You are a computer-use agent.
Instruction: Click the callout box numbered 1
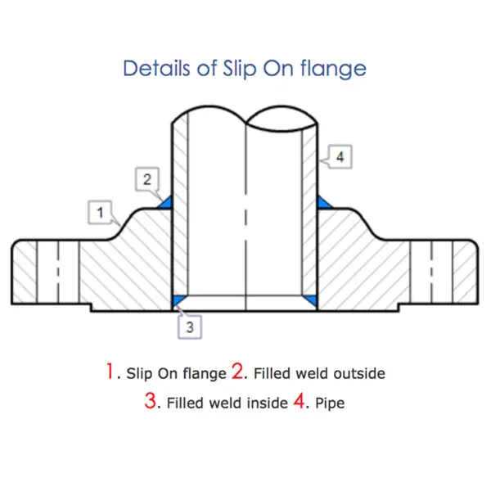tap(99, 213)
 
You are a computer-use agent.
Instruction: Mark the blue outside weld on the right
tap(323, 201)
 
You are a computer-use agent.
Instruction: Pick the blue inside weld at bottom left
tap(178, 300)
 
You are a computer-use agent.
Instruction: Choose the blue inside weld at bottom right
tap(312, 300)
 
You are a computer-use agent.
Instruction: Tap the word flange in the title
tap(332, 69)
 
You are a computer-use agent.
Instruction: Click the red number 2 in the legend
tap(238, 372)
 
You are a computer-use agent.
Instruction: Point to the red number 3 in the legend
tap(151, 402)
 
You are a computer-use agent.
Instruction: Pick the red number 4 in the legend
tap(299, 402)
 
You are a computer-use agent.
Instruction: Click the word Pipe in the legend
tap(329, 403)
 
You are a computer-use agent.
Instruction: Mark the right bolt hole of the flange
tap(442, 272)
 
